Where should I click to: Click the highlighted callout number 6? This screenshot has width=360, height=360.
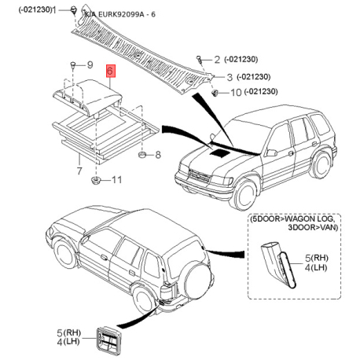click(111, 71)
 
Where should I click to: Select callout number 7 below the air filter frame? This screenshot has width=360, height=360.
click(79, 169)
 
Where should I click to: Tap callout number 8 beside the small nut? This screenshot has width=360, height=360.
click(157, 154)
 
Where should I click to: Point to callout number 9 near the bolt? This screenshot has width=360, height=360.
click(90, 64)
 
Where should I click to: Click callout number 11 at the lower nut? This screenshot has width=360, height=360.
click(116, 181)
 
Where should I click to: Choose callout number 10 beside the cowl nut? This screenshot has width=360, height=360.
click(235, 92)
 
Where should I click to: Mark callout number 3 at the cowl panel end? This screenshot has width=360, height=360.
click(230, 77)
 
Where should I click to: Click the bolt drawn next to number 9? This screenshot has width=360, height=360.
click(72, 63)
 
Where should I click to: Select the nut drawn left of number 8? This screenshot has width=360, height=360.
click(141, 154)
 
